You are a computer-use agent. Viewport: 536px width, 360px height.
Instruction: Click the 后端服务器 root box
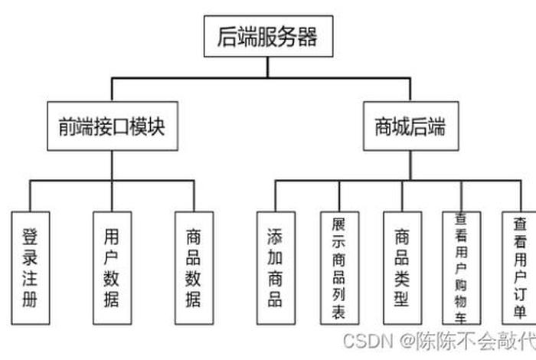pyautogui.click(x=268, y=36)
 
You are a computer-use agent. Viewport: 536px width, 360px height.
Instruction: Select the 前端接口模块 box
pyautogui.click(x=112, y=126)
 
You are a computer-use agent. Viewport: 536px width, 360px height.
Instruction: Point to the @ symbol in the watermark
pyautogui.click(x=404, y=339)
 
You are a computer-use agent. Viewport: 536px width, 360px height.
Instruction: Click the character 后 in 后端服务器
pyautogui.click(x=227, y=36)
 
